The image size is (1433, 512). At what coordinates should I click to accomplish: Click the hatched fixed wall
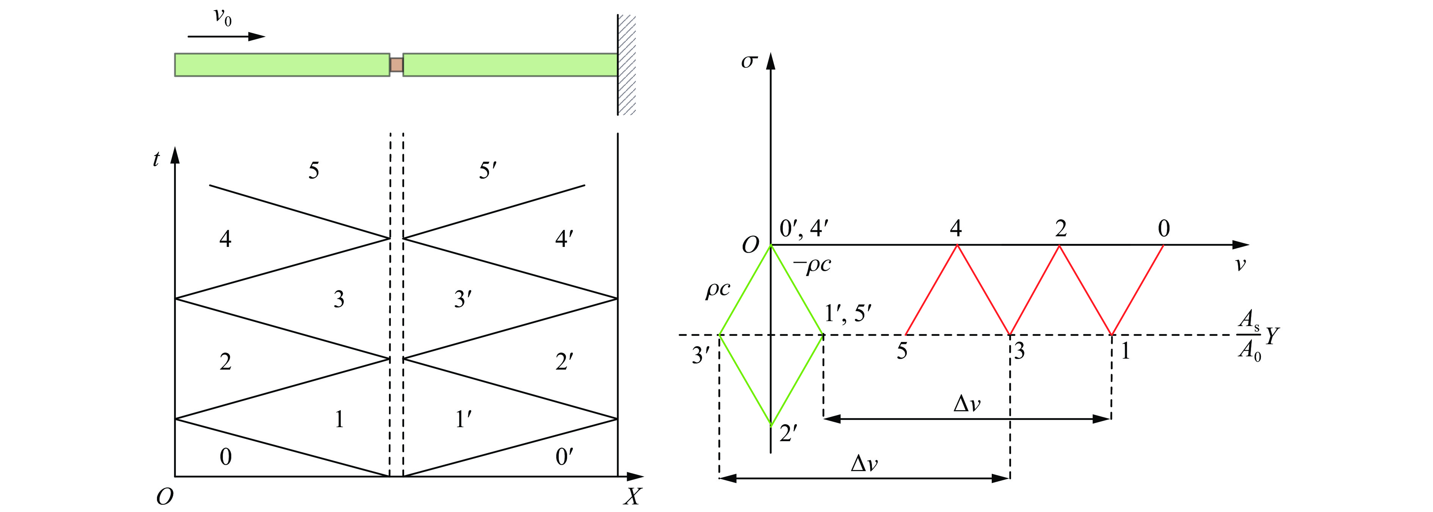click(627, 64)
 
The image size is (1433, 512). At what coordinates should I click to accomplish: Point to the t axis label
click(156, 159)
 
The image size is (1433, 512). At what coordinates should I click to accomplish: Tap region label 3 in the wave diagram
click(339, 300)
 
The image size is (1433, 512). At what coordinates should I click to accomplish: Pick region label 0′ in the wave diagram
click(564, 457)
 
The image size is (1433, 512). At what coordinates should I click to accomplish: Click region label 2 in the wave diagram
click(225, 362)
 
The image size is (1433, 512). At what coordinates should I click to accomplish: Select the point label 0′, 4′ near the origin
click(804, 228)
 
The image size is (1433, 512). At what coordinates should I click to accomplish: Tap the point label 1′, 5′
click(848, 314)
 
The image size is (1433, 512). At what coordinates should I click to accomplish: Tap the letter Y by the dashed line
click(1272, 336)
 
